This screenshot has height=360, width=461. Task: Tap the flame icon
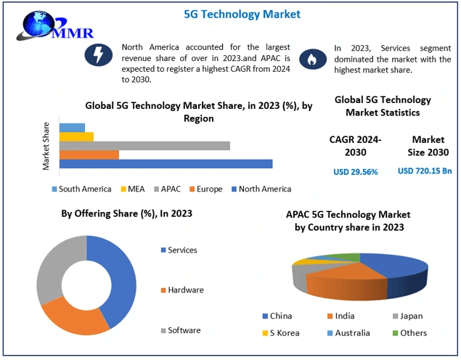tap(310, 58)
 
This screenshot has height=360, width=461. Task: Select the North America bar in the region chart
tap(166, 164)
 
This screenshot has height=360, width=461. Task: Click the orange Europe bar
tap(89, 155)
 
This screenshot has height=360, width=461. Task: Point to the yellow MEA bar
tap(76, 136)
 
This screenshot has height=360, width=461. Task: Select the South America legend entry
tap(81, 189)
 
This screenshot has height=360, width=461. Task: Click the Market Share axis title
tap(46, 145)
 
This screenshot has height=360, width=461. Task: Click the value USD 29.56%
tap(355, 172)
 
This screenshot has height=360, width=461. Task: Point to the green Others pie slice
tap(348, 257)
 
